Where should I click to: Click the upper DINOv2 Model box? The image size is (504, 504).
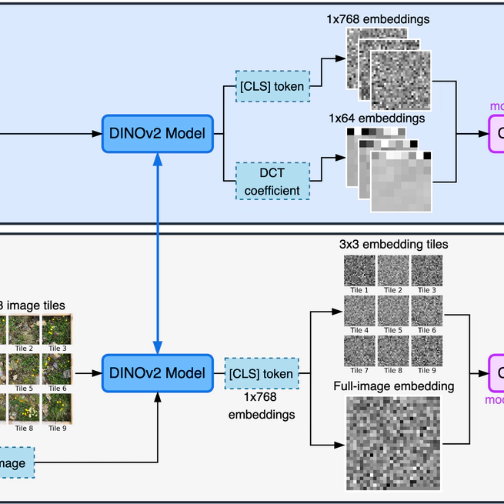(x=157, y=133)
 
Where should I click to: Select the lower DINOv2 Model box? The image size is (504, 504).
(x=157, y=373)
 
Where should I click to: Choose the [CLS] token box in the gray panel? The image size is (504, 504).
(x=261, y=374)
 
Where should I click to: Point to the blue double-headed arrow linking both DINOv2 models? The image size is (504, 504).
(x=157, y=253)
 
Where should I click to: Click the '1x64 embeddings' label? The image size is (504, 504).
(x=377, y=118)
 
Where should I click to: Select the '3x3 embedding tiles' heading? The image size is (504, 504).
(x=393, y=244)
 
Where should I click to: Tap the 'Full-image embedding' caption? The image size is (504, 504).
(x=393, y=386)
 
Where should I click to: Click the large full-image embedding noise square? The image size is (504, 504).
(x=393, y=442)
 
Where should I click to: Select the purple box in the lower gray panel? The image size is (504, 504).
(x=497, y=373)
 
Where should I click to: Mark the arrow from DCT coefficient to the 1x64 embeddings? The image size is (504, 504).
(x=326, y=159)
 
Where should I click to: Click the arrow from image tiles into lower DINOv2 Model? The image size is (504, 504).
(x=87, y=373)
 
